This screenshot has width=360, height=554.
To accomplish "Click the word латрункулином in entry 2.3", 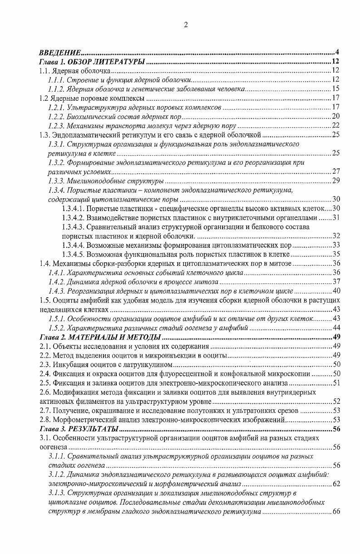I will coord(150,364).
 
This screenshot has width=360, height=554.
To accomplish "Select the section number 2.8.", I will coord(44,419).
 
